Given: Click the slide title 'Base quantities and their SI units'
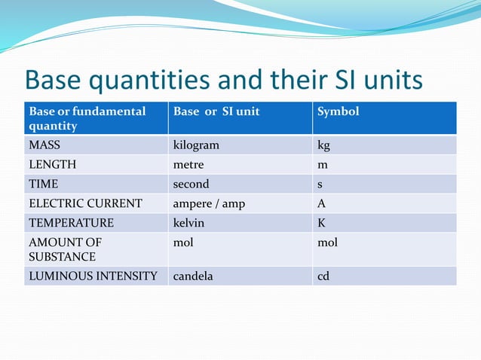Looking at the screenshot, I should pyautogui.click(x=223, y=81).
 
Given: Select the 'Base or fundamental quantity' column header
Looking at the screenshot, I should pyautogui.click(x=87, y=118).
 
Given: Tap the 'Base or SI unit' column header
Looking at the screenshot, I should pyautogui.click(x=216, y=111).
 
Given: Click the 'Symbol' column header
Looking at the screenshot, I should pyautogui.click(x=339, y=111).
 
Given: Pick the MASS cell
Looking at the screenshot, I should pyautogui.click(x=44, y=145).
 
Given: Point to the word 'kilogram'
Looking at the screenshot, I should pyautogui.click(x=196, y=145).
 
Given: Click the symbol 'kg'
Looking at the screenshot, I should pyautogui.click(x=324, y=145).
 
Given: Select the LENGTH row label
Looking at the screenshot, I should pyautogui.click(x=52, y=164).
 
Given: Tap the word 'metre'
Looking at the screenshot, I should pyautogui.click(x=188, y=164).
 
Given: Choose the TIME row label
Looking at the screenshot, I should pyautogui.click(x=43, y=184).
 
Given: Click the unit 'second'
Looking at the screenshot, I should pyautogui.click(x=191, y=184).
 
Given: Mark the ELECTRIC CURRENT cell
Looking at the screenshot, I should pyautogui.click(x=85, y=203).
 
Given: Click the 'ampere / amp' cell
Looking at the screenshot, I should pyautogui.click(x=209, y=203).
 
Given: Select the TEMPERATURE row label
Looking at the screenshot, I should pyautogui.click(x=71, y=223).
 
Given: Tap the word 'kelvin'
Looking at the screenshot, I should pyautogui.click(x=188, y=223).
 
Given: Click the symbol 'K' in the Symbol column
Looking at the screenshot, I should pyautogui.click(x=322, y=223).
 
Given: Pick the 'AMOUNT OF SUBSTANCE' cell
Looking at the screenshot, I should pyautogui.click(x=65, y=249).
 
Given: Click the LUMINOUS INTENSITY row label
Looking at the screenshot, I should pyautogui.click(x=93, y=276).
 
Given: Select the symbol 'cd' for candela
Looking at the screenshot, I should pyautogui.click(x=323, y=276).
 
